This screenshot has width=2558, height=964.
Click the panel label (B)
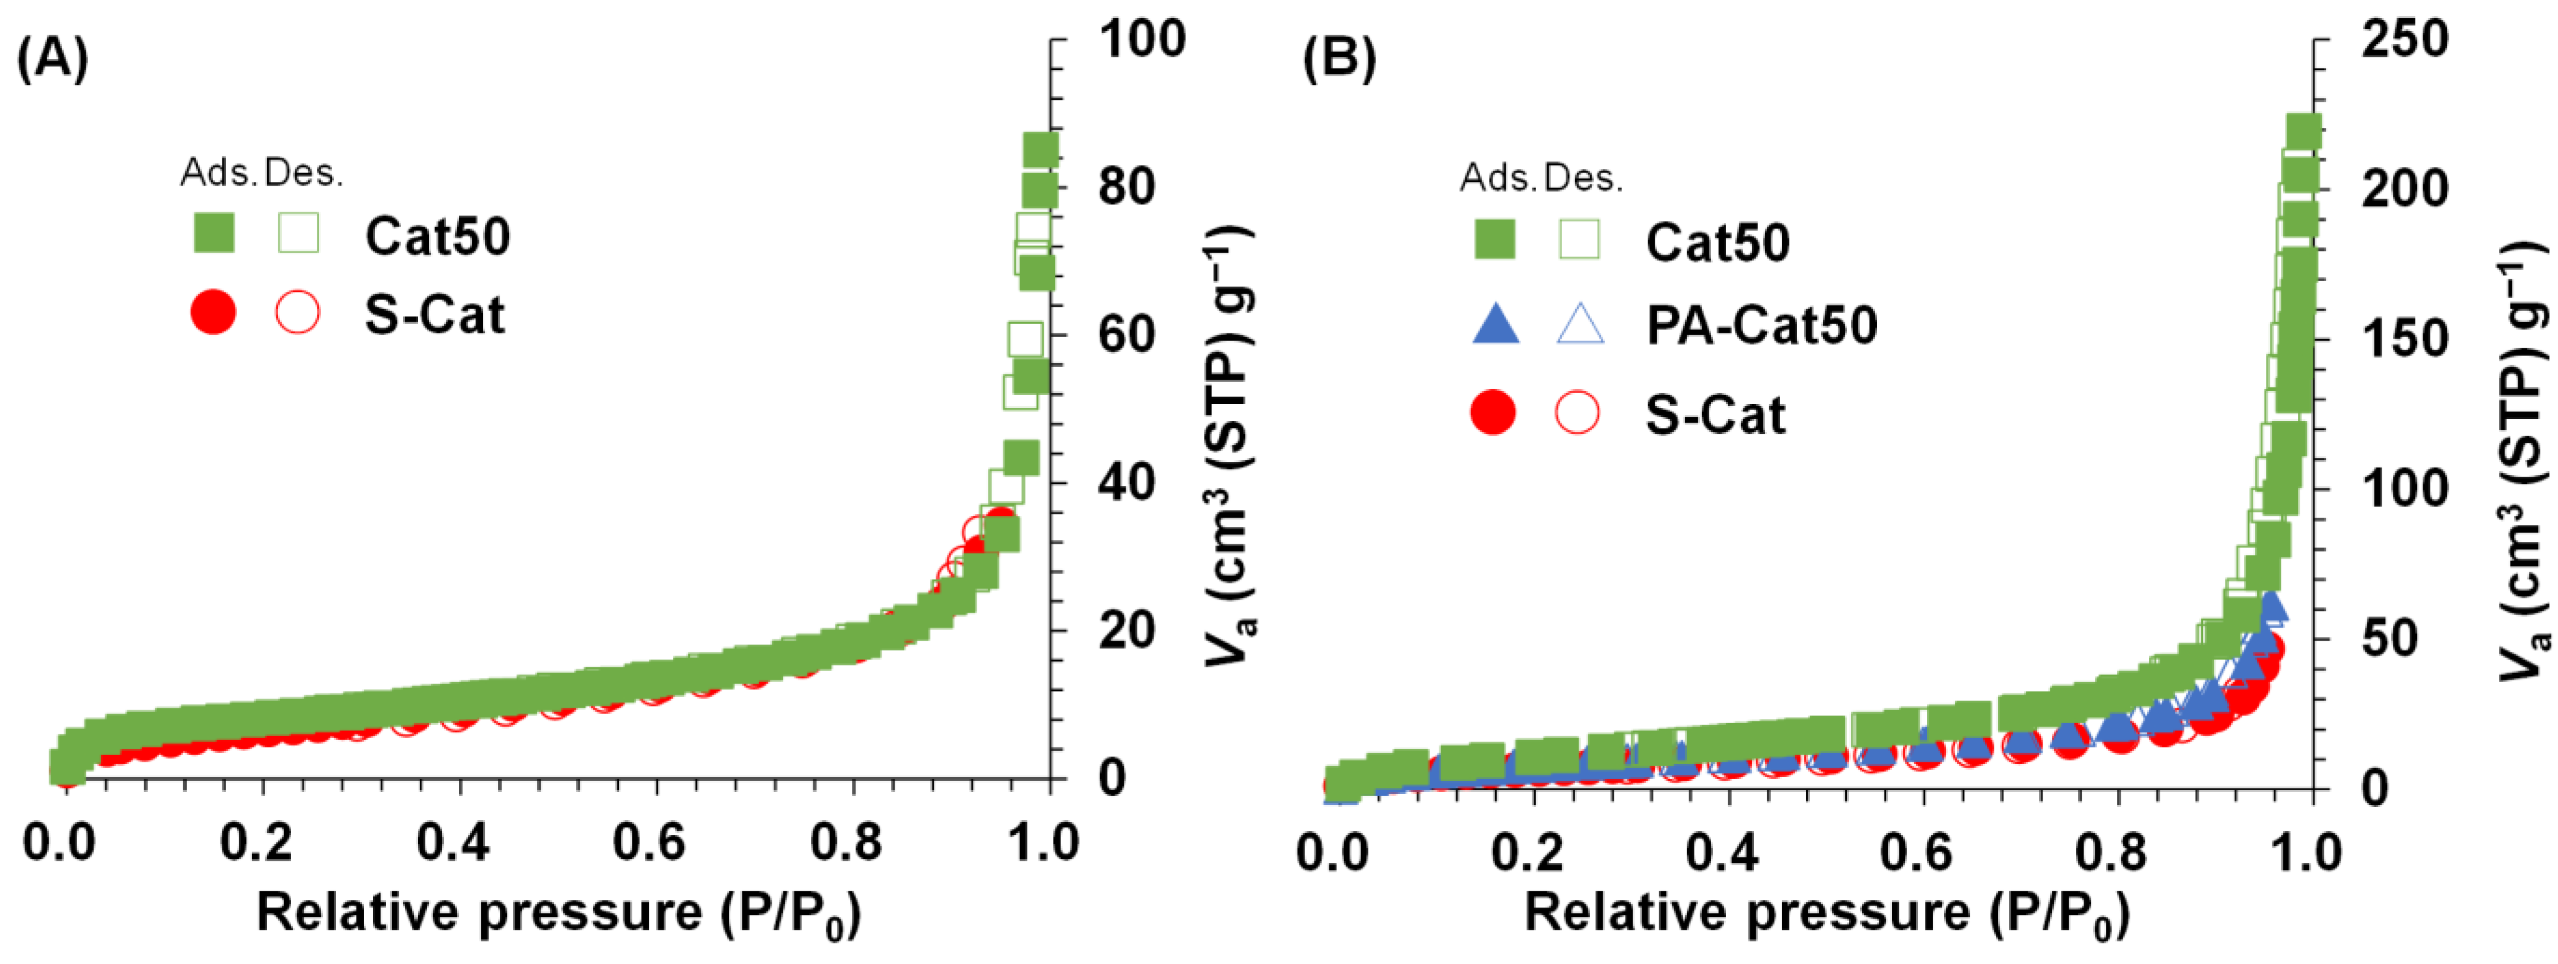1339,60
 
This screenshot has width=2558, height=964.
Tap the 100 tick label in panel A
1142,40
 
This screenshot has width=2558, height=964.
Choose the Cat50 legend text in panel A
437,236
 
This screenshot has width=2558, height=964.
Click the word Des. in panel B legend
1583,179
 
